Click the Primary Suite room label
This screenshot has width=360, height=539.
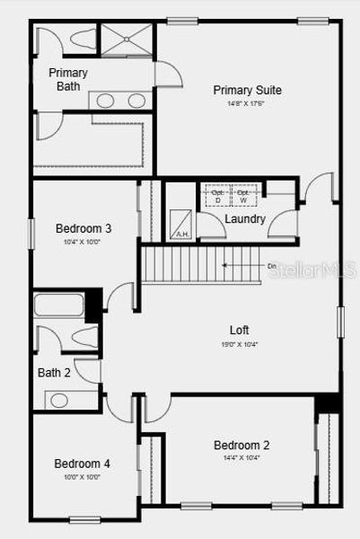pyautogui.click(x=247, y=90)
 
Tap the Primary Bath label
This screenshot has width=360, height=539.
pyautogui.click(x=67, y=79)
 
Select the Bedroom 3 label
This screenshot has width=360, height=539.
pyautogui.click(x=83, y=228)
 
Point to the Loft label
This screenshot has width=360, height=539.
pyautogui.click(x=239, y=329)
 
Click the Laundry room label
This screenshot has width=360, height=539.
pyautogui.click(x=244, y=219)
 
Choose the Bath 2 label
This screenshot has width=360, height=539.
pyautogui.click(x=54, y=373)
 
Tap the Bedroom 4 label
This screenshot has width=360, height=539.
pyautogui.click(x=82, y=464)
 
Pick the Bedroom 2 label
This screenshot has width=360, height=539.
pyautogui.click(x=241, y=445)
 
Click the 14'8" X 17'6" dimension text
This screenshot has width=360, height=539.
pyautogui.click(x=246, y=104)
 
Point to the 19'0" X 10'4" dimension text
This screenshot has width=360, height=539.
pyautogui.click(x=239, y=343)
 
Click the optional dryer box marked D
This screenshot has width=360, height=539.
pyautogui.click(x=216, y=195)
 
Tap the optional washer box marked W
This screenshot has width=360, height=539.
pyautogui.click(x=243, y=195)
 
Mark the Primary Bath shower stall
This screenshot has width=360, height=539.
pyautogui.click(x=126, y=41)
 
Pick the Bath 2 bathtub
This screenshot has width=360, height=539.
pyautogui.click(x=59, y=305)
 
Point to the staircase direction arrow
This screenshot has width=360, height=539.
pyautogui.click(x=238, y=266)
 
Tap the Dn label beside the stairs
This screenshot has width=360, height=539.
pyautogui.click(x=272, y=266)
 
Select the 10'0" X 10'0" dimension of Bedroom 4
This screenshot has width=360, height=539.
pyautogui.click(x=82, y=477)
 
